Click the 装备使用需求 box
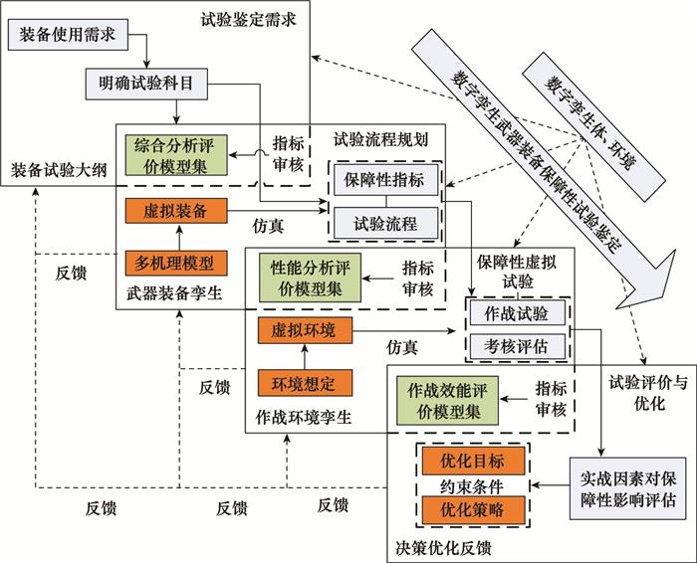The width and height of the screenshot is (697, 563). coord(68,35)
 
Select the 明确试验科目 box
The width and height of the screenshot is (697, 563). coord(146,84)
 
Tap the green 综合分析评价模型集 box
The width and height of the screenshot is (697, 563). coord(176,155)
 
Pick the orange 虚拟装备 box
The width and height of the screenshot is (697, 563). coord(176,211)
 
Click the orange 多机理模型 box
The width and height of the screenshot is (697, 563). coord(176,264)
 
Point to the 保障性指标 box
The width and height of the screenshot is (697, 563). coord(385,180)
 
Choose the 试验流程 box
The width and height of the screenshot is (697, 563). coord(385,223)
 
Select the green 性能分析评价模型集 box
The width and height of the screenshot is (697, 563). coord(310,278)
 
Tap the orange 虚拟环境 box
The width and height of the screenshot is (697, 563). coord(305,330)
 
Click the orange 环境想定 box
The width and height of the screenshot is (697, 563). coord(305,383)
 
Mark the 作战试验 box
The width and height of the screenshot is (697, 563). coord(518,313)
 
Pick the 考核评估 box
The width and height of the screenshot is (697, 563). coord(518,346)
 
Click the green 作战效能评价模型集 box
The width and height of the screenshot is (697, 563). coord(447,401)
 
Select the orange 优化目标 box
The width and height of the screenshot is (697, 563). coord(473,461)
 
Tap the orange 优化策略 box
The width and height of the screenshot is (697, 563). coord(473,510)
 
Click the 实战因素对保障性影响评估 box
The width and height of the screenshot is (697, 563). coord(627,488)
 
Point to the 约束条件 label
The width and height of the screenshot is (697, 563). coord(472,486)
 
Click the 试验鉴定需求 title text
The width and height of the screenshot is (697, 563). coord(248,20)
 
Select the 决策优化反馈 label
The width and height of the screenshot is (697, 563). coord(443,548)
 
